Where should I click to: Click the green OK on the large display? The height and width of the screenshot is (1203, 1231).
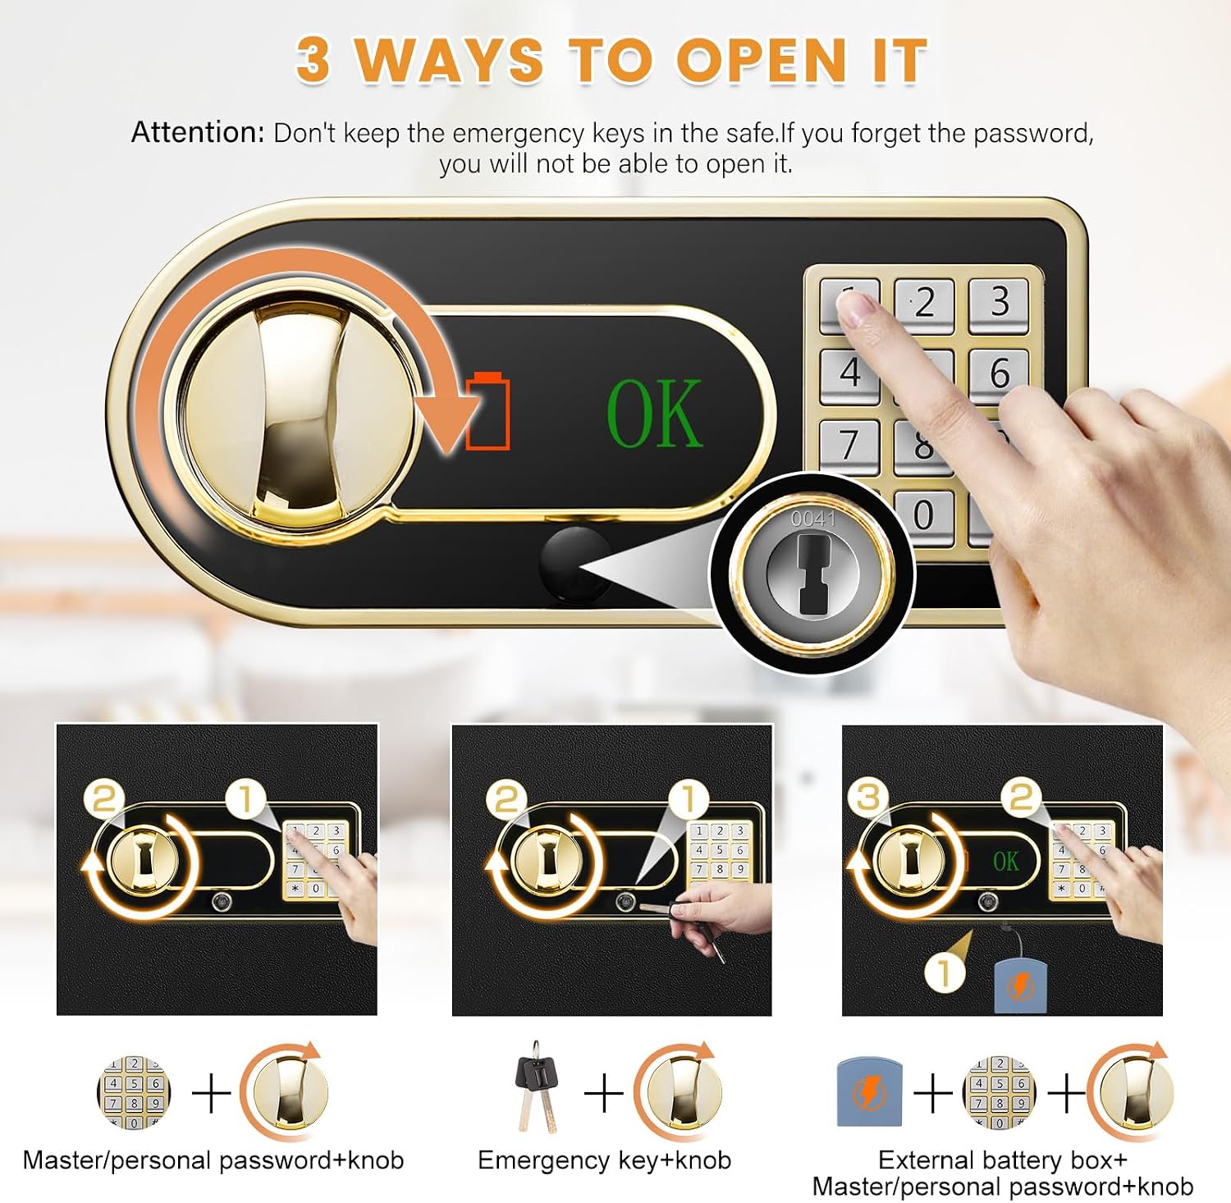[x=654, y=414]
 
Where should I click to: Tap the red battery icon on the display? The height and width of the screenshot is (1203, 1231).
[x=488, y=410]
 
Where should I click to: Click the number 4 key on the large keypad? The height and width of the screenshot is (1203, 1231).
[x=849, y=374]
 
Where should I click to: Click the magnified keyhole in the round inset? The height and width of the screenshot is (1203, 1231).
[x=812, y=571]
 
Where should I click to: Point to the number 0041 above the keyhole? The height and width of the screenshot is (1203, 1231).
[x=812, y=519]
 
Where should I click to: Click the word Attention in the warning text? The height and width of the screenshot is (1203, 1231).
[x=198, y=132]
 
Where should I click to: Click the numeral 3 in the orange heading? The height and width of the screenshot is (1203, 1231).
[x=313, y=60]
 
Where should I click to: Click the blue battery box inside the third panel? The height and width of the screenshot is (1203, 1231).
[x=1020, y=985]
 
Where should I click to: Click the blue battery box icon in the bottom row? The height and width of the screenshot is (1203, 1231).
[x=869, y=1092]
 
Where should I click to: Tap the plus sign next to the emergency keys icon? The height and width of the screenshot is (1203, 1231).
[x=603, y=1093]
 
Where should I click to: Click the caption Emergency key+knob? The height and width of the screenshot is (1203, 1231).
[x=604, y=1160]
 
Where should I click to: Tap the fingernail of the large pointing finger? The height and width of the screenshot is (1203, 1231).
[x=857, y=309]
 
